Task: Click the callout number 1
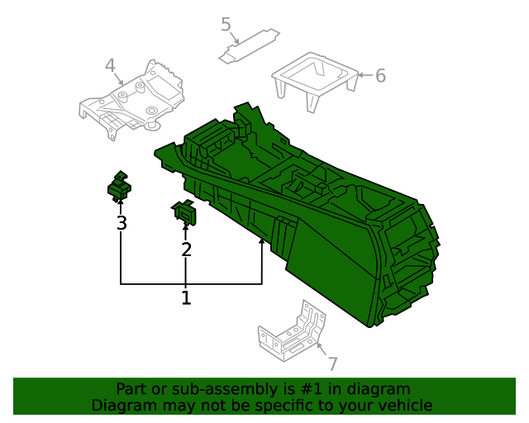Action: click(x=186, y=297)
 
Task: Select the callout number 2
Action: click(x=186, y=249)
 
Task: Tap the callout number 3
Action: click(x=122, y=223)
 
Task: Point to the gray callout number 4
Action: click(x=110, y=65)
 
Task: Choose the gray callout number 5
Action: click(x=226, y=24)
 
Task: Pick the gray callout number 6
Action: click(x=380, y=76)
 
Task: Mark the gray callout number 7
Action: click(x=332, y=364)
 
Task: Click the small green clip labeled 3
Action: click(x=121, y=188)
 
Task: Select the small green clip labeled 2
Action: click(x=186, y=213)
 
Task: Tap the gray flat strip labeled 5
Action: click(x=249, y=45)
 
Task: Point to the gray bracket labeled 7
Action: click(x=289, y=335)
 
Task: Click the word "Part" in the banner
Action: click(x=131, y=389)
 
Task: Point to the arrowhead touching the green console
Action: click(x=262, y=241)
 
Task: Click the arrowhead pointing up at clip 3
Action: click(x=122, y=202)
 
